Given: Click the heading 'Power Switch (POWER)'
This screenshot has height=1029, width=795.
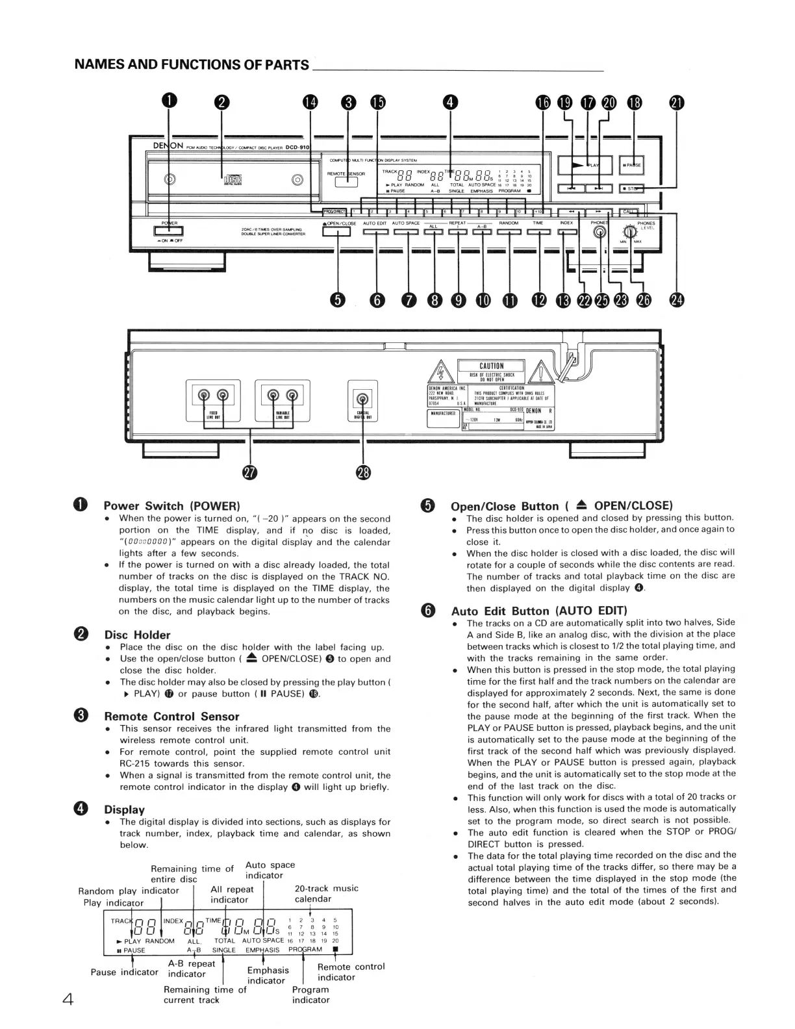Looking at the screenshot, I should tap(171, 506).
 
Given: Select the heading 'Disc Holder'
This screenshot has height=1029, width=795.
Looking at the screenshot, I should tap(137, 635).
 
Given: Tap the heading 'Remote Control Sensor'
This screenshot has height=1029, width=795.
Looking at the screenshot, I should tap(171, 717).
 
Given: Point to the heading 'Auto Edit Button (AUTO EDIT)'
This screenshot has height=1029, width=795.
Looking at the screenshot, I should tap(538, 611).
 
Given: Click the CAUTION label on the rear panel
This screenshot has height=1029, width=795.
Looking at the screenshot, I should tap(492, 366).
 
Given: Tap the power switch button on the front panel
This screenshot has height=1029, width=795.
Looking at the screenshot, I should tap(168, 231).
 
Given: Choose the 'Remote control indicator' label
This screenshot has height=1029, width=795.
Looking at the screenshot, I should tap(351, 972).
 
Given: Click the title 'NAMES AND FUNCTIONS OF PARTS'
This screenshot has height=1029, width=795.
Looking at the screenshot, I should tap(192, 64).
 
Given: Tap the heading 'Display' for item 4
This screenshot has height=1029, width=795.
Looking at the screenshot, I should tap(124, 809).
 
